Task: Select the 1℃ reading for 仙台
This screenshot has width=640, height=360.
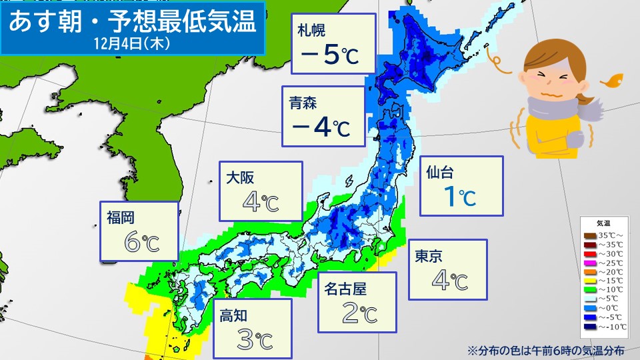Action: [459, 197]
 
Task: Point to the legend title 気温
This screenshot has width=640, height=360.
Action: [603, 223]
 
